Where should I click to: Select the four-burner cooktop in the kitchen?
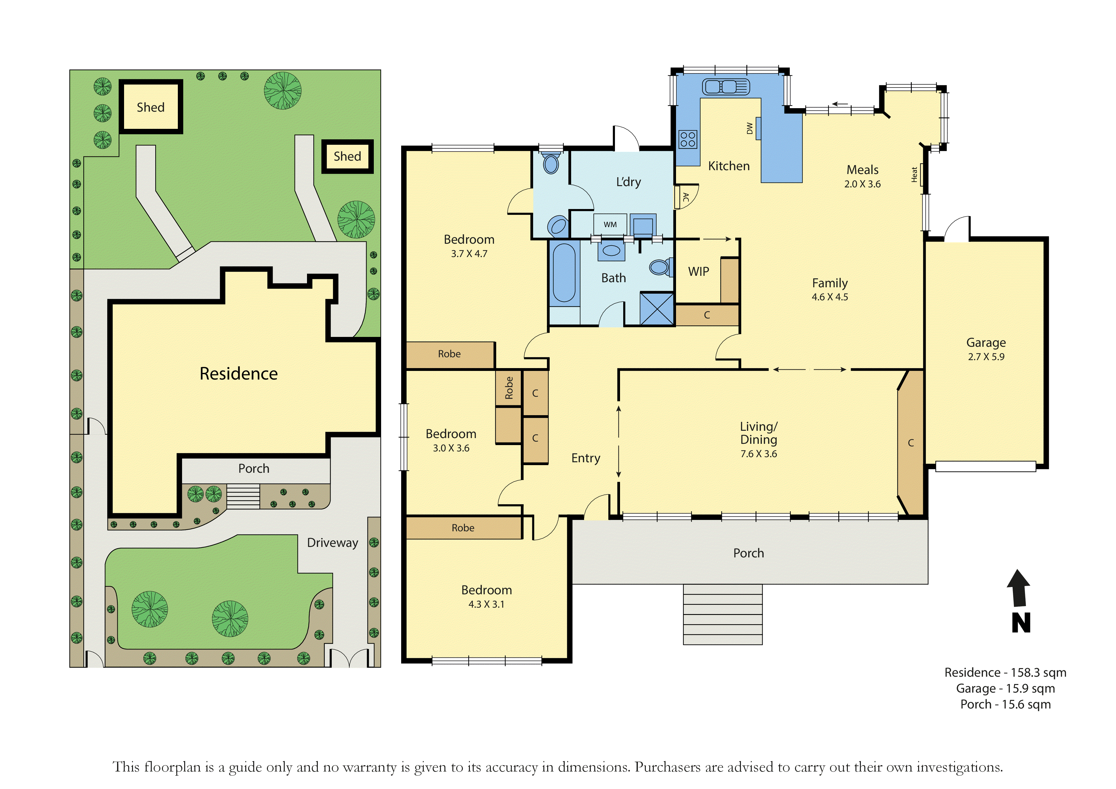click(x=688, y=139)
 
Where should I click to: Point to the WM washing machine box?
click(x=610, y=225)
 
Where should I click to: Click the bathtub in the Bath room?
click(x=564, y=274)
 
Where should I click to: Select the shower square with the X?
click(x=657, y=308)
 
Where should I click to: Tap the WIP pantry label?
click(x=699, y=272)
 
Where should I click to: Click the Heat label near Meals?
click(x=914, y=175)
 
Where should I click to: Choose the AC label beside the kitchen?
click(x=686, y=197)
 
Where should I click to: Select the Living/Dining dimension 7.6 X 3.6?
click(x=758, y=454)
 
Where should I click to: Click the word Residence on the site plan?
click(x=239, y=374)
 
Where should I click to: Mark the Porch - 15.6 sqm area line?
click(x=1005, y=704)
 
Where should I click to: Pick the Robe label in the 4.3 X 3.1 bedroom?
click(x=463, y=528)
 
